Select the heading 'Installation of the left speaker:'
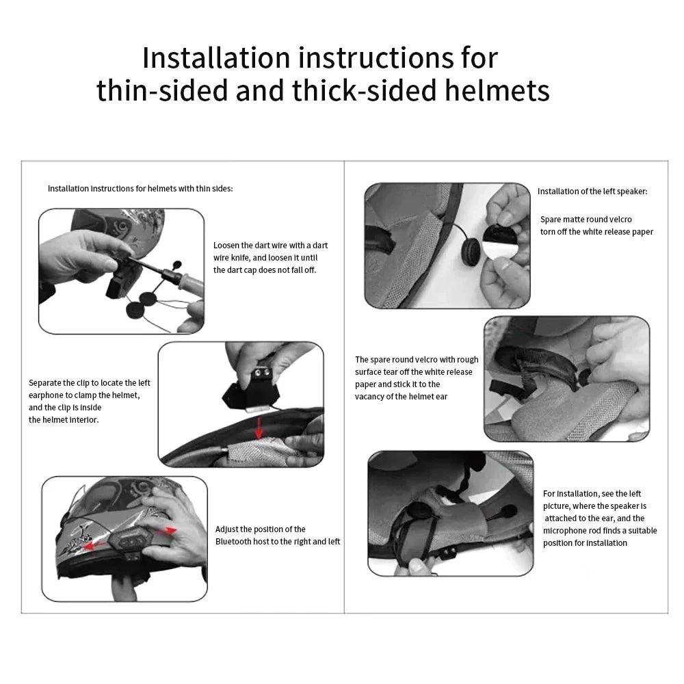[x=592, y=192]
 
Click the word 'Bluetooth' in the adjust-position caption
[x=239, y=542]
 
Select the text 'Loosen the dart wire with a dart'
[x=270, y=245]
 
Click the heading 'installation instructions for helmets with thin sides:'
[x=140, y=188]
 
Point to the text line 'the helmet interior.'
[x=64, y=420]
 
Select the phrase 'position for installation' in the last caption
[x=585, y=543]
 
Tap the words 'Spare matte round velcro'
[x=586, y=220]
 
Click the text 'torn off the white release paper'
[x=596, y=232]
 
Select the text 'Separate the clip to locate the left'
[x=89, y=383]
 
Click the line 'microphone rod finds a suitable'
[x=600, y=531]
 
